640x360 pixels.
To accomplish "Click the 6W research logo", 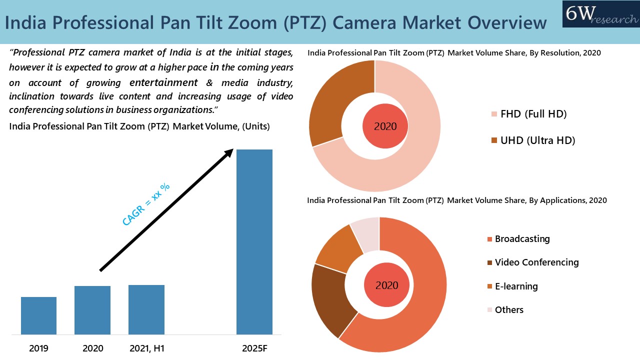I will (600, 14).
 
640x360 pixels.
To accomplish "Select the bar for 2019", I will (38, 315).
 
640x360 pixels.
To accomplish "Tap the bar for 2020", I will (92, 310).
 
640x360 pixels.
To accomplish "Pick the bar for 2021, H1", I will (146, 309).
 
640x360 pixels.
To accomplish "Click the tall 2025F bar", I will (254, 241).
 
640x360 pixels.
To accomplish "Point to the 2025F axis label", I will (254, 348).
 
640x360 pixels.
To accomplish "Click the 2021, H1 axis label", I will (146, 348).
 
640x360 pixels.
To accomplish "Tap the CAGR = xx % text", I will (146, 204).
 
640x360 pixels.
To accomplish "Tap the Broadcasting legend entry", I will (522, 239).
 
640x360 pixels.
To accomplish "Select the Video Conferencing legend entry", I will (536, 262).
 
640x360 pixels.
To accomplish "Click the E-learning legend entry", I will (516, 286).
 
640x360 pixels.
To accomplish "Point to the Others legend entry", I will (509, 310).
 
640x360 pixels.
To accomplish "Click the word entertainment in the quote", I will (163, 82).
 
